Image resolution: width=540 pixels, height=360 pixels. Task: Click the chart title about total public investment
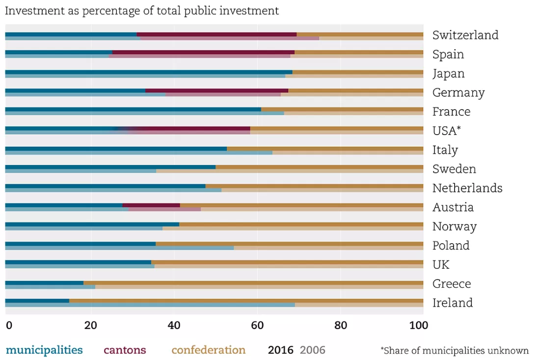(141, 11)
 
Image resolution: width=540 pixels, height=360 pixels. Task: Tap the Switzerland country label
(465, 35)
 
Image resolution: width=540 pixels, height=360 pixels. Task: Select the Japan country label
(448, 74)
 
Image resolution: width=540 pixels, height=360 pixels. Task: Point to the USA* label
(446, 131)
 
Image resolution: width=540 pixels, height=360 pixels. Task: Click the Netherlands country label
(467, 188)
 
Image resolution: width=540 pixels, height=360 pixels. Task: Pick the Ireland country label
(453, 303)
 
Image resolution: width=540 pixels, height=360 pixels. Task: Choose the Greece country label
(452, 284)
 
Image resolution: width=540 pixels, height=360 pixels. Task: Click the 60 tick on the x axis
(257, 325)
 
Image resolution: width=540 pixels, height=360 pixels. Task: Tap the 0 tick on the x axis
(9, 325)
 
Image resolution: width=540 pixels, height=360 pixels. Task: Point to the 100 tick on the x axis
(418, 325)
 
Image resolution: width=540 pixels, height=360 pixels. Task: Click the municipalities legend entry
(44, 350)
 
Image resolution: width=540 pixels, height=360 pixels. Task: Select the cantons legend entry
(125, 350)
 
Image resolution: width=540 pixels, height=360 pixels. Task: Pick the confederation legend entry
(208, 350)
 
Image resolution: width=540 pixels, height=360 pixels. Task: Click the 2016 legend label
(280, 350)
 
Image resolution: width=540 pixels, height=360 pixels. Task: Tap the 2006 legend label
(312, 350)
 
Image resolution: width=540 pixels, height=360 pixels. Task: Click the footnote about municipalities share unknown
(455, 351)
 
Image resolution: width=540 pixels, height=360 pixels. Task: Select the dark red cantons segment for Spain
(203, 53)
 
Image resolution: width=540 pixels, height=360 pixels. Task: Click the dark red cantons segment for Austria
(151, 205)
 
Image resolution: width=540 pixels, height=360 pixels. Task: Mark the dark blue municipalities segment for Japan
(149, 72)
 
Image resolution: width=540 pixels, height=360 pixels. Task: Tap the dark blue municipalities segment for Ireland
(37, 301)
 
